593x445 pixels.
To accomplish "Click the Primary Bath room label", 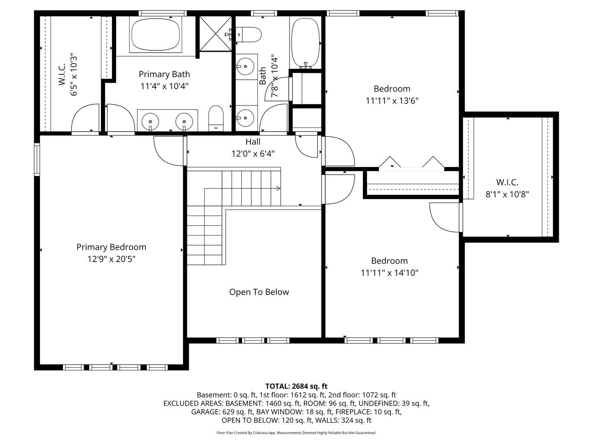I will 164,75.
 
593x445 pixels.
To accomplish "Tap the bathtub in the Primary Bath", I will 156,34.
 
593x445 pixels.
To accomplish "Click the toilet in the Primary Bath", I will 215,118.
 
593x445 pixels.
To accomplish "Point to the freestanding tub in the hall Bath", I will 306,42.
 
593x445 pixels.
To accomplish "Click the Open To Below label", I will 259,292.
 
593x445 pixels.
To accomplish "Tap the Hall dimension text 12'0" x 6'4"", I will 253,154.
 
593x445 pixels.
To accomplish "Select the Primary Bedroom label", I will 111,247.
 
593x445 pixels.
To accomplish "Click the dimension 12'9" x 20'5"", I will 111,259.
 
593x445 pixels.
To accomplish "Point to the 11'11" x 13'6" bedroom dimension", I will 392,101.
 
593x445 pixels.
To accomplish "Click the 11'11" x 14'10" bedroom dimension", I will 390,273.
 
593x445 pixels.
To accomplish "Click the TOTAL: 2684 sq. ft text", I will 296,386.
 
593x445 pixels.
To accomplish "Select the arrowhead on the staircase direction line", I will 278,188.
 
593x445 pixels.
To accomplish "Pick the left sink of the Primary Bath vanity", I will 150,122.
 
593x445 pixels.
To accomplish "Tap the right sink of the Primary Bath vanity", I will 184,122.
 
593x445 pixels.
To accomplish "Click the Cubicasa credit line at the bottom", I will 296,433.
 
